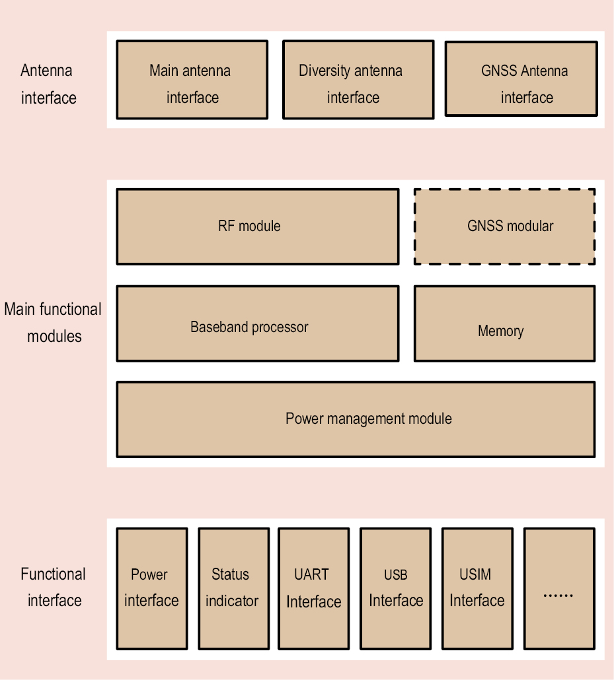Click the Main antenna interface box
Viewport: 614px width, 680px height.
192,80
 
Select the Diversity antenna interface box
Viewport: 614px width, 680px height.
358,80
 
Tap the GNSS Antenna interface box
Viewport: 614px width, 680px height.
521,79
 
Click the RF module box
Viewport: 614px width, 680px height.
258,226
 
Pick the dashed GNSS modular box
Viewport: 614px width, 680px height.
504,226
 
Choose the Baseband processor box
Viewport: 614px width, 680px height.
258,323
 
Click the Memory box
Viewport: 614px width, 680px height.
504,323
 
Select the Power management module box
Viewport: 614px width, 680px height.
356,419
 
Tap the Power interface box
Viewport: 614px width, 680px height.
152,588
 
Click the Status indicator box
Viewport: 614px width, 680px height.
233,588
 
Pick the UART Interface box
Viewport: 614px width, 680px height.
314,588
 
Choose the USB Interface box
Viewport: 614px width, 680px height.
396,588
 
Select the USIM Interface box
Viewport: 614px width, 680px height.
477,588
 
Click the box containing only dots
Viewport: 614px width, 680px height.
558,588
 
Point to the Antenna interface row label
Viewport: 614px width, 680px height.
48,84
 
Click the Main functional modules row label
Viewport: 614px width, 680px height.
53,322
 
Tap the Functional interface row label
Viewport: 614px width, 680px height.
54,587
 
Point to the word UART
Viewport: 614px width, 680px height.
311,574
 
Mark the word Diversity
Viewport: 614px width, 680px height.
323,71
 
